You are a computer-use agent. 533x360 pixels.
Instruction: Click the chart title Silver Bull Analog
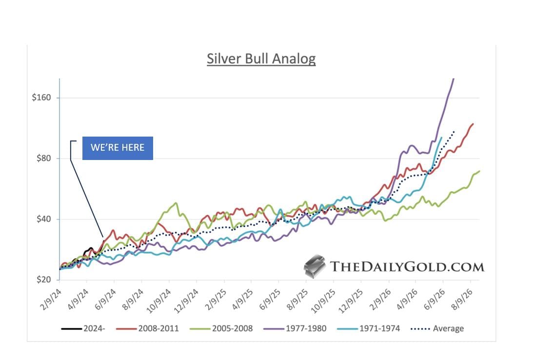(261, 59)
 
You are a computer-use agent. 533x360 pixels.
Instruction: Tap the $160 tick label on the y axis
(41, 98)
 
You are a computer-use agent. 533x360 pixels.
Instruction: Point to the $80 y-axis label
(43, 159)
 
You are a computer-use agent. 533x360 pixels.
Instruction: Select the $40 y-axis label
(43, 219)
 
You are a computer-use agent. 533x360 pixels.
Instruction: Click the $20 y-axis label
(43, 280)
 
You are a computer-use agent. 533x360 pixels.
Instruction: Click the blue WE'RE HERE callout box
(118, 148)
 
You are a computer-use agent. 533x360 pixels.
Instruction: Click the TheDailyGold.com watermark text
(407, 266)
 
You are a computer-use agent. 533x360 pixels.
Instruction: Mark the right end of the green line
(480, 171)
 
